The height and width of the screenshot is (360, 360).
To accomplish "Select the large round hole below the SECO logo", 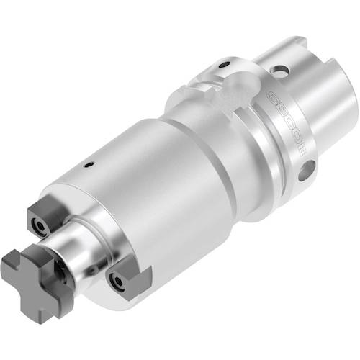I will click(x=306, y=171).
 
